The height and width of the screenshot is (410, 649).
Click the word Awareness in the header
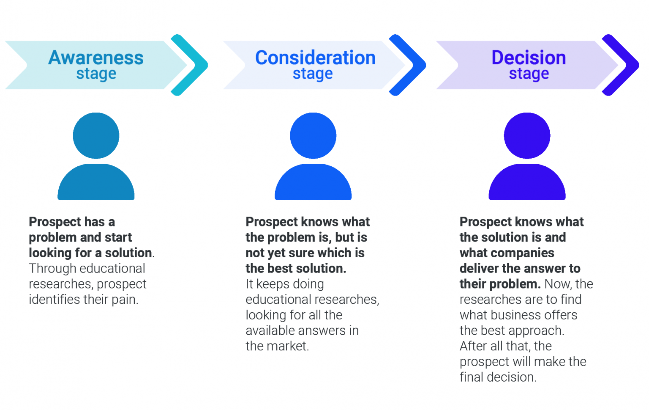(96, 58)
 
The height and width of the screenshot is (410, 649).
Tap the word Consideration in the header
(315, 58)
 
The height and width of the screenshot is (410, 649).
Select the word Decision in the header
(529, 58)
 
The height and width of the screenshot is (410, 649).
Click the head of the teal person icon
(96, 135)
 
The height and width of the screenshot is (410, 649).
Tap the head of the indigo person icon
(527, 135)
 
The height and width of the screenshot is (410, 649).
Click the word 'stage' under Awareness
(96, 74)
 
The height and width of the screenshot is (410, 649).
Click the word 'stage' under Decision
(529, 74)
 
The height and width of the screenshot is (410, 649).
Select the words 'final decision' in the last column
(497, 377)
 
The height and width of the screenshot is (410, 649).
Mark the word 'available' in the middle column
(271, 330)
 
